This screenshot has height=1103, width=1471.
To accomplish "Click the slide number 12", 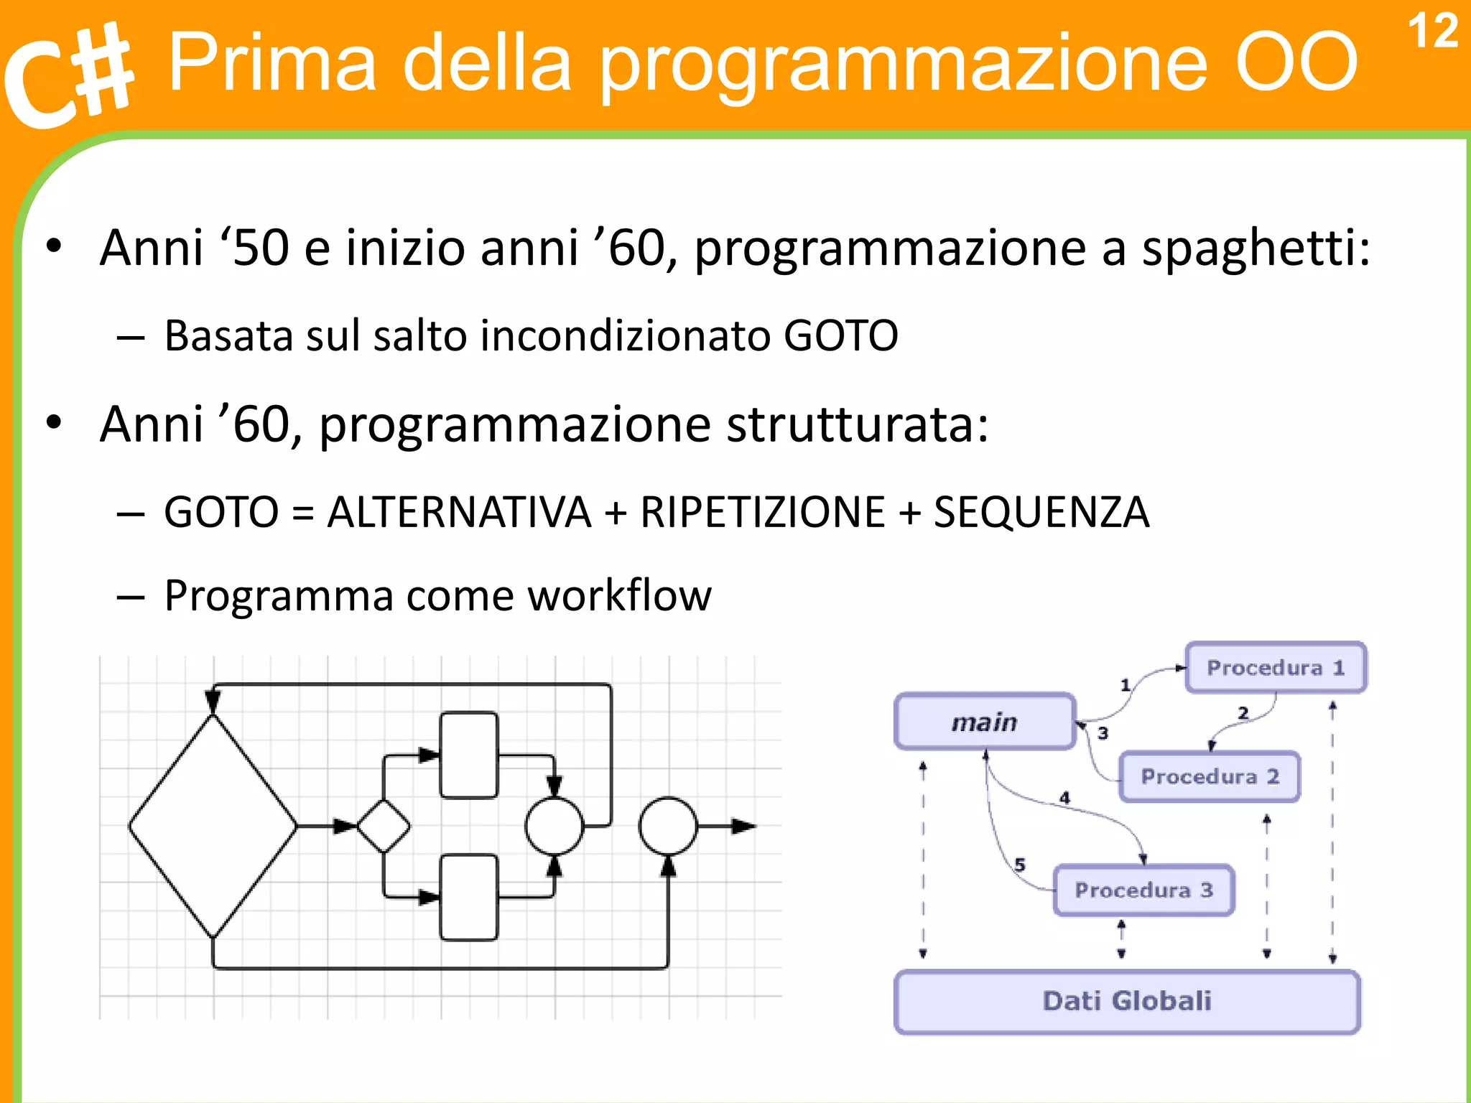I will [1431, 32].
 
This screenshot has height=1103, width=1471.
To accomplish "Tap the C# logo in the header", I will [68, 75].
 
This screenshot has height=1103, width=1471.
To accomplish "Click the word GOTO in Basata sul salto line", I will [840, 335].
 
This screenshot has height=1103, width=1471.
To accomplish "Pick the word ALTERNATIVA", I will [459, 513].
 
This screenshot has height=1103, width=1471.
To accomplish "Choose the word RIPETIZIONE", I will [762, 513].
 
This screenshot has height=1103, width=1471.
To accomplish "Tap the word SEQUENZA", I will [1041, 513].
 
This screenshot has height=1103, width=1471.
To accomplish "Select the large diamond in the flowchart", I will [213, 826].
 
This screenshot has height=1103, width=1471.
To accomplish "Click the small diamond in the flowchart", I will [383, 826].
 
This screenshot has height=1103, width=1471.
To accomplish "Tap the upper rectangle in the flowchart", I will [468, 755].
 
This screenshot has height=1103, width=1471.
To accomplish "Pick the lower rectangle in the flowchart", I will [468, 897].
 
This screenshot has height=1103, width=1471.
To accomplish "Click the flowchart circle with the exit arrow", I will [668, 826].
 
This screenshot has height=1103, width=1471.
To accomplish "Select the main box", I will [985, 722].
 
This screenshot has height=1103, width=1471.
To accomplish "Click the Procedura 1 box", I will [1275, 668].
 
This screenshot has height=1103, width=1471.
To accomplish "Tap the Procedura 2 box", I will [1210, 777].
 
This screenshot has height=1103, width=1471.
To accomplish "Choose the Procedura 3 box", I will [1143, 890].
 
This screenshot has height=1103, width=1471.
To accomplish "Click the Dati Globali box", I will [1126, 1001].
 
